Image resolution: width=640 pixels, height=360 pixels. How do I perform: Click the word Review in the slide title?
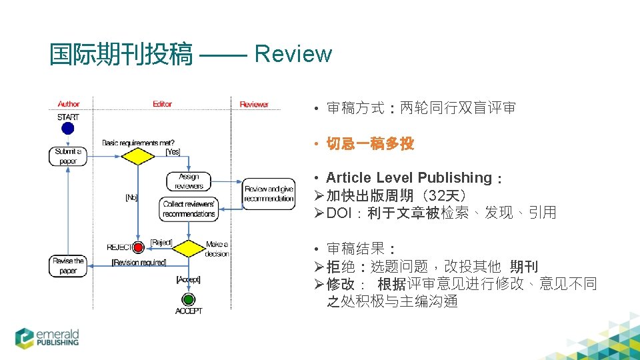pyautogui.click(x=293, y=54)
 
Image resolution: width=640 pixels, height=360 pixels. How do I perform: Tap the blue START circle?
pyautogui.click(x=67, y=129)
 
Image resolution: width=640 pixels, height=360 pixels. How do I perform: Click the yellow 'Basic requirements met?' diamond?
pyautogui.click(x=137, y=156)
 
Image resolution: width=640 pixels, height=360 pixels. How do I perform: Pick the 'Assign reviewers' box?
pyautogui.click(x=189, y=181)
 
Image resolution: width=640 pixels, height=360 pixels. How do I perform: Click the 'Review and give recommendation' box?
pyautogui.click(x=269, y=194)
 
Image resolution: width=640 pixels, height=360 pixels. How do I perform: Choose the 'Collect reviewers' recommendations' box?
pyautogui.click(x=189, y=209)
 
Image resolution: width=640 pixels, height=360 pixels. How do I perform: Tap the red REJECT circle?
pyautogui.click(x=139, y=248)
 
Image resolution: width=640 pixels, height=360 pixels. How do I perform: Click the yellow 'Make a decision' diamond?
pyautogui.click(x=189, y=248)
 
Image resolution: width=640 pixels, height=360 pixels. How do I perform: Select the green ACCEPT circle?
pyautogui.click(x=189, y=299)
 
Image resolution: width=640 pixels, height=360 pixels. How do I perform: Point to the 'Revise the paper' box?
pyautogui.click(x=68, y=266)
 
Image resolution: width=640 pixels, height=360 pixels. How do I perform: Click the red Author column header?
pyautogui.click(x=68, y=104)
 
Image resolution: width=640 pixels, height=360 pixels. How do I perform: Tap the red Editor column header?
pyautogui.click(x=162, y=104)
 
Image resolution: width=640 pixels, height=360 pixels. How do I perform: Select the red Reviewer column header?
pyautogui.click(x=254, y=104)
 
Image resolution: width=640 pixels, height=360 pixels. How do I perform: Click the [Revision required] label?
pyautogui.click(x=139, y=263)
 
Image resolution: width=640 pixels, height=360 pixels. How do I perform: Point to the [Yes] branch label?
pyautogui.click(x=173, y=151)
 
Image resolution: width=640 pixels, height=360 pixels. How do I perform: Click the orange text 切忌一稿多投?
pyautogui.click(x=370, y=144)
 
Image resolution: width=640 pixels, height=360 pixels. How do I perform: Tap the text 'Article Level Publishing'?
pyautogui.click(x=409, y=178)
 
